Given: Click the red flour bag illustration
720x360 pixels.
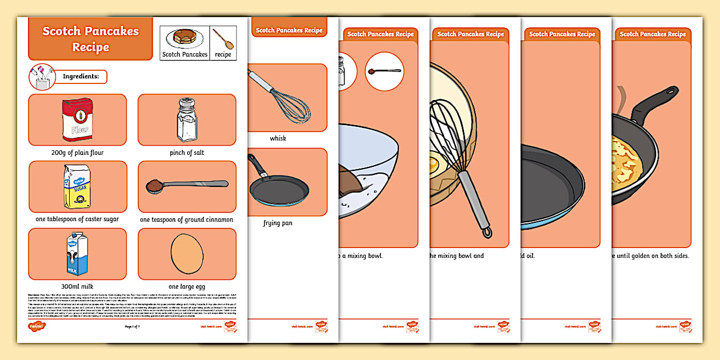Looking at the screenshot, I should pyautogui.click(x=78, y=120).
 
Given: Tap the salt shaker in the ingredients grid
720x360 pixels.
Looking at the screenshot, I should pyautogui.click(x=187, y=119).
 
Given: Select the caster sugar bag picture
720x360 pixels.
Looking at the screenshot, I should pyautogui.click(x=77, y=186).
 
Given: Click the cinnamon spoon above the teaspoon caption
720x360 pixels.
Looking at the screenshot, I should pyautogui.click(x=187, y=185).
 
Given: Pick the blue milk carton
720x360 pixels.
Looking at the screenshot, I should pyautogui.click(x=76, y=254).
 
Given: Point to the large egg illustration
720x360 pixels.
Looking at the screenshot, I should pyautogui.click(x=187, y=253).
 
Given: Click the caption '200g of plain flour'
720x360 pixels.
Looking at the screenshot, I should pyautogui.click(x=77, y=153).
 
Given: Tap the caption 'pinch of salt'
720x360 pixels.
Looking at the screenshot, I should pyautogui.click(x=187, y=153).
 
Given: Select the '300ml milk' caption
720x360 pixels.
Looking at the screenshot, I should pyautogui.click(x=77, y=286).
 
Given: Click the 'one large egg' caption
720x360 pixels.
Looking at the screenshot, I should pyautogui.click(x=187, y=286).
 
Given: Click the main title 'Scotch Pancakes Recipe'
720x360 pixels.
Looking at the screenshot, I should pyautogui.click(x=90, y=39).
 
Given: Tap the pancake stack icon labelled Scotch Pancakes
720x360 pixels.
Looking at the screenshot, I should pyautogui.click(x=185, y=38).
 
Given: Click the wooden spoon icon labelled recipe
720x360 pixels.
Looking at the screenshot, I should pyautogui.click(x=223, y=38).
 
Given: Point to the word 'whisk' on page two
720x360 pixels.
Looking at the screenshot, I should pyautogui.click(x=278, y=138).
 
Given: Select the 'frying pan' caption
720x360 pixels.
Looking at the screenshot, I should pyautogui.click(x=278, y=223).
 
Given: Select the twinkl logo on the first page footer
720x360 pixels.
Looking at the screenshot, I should pyautogui.click(x=37, y=326).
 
